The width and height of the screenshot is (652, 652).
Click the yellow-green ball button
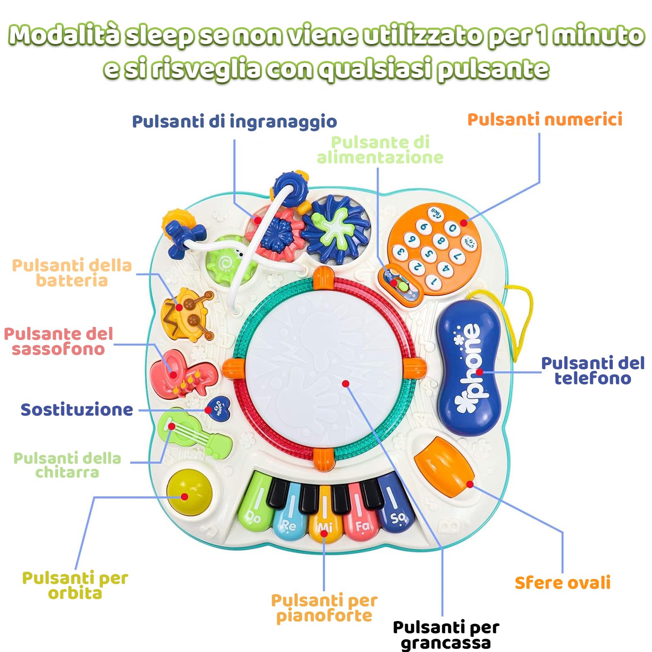click(189, 493)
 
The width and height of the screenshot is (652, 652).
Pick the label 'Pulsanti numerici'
click(544, 119)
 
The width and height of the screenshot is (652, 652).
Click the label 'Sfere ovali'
click(562, 583)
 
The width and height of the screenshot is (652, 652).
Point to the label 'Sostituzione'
click(77, 410)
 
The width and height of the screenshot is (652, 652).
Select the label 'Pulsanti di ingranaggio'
click(234, 121)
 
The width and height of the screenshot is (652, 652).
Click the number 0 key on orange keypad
click(452, 228)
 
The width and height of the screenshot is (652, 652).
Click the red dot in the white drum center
click(346, 383)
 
